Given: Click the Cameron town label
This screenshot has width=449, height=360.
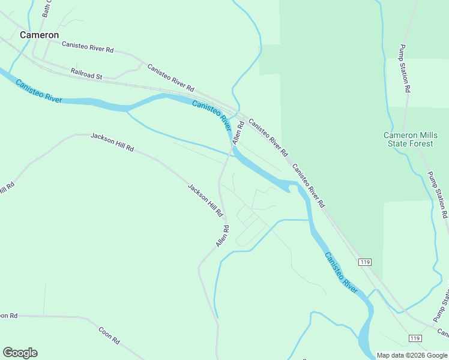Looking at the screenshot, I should (40, 35).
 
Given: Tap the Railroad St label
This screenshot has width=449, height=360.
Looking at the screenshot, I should (86, 74).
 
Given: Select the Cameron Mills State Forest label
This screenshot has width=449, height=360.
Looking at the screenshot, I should (408, 139).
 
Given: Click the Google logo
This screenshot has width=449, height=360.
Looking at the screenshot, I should (20, 353).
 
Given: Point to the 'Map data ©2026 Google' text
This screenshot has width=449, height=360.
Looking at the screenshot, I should (412, 355).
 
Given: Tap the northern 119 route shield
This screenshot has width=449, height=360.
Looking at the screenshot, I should (364, 262).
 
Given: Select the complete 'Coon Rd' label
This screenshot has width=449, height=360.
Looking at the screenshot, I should (109, 335).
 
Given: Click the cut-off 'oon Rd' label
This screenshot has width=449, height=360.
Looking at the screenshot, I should (9, 316).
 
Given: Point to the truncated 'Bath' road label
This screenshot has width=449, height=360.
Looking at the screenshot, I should (46, 8).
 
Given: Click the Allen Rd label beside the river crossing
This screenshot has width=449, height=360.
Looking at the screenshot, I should (238, 132).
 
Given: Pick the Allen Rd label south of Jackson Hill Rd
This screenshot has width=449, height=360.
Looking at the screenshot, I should (223, 236).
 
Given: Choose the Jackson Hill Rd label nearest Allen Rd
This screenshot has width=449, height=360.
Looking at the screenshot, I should (205, 200).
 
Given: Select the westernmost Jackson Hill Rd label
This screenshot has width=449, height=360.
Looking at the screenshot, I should (112, 142).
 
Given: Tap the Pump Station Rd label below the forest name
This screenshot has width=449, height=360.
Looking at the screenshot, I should (438, 195).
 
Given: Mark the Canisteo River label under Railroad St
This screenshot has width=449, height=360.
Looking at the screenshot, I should (39, 91).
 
